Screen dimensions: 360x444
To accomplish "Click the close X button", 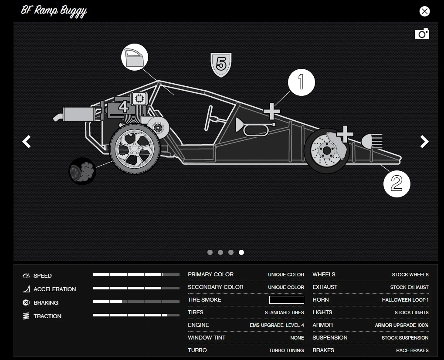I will (x=424, y=11).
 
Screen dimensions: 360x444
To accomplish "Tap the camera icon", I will (x=422, y=34).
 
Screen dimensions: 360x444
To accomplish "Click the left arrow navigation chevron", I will (x=27, y=142).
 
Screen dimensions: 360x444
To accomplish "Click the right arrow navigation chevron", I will (x=424, y=142).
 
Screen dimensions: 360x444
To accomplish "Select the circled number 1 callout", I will (x=301, y=82).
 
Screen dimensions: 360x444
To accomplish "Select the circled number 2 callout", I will (x=397, y=183).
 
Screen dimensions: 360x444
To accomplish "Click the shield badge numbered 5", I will (x=221, y=65).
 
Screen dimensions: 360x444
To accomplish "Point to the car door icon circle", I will (x=134, y=58).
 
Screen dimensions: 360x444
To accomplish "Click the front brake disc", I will (x=325, y=150).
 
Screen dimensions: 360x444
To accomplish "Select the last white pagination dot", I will (x=241, y=252).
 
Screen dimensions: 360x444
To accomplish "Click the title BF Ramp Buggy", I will (x=54, y=10).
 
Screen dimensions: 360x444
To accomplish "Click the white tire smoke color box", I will (x=286, y=300).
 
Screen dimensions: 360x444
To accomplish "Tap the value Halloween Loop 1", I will (x=405, y=300).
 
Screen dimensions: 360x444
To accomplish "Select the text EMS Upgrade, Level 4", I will (x=277, y=325).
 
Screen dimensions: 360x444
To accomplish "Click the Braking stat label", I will (x=46, y=302).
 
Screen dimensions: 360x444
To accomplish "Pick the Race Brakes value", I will (x=412, y=350).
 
